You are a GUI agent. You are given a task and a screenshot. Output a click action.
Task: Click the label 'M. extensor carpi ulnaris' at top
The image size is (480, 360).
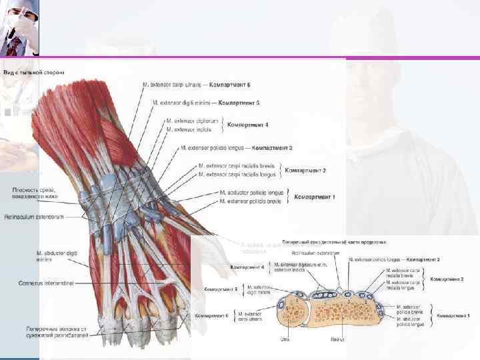pyautogui.click(x=175, y=85)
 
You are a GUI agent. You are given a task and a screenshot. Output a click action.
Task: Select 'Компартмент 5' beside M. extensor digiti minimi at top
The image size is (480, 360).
pyautogui.click(x=239, y=103)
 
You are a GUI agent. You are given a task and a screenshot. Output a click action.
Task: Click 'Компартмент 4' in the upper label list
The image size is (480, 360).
pyautogui.click(x=248, y=125)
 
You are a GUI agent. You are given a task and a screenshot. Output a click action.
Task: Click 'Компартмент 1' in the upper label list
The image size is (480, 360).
pyautogui.click(x=315, y=197)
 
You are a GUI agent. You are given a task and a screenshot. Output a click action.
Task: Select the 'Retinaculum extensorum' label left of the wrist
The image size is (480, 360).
pyautogui.click(x=34, y=217)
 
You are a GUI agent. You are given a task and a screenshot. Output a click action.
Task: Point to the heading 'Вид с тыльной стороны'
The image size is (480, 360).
pyautogui.click(x=33, y=72)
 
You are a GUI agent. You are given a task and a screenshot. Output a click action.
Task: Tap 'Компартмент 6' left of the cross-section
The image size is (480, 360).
pyautogui.click(x=211, y=315)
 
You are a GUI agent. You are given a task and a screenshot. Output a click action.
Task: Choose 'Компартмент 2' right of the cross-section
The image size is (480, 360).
pyautogui.click(x=447, y=279)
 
